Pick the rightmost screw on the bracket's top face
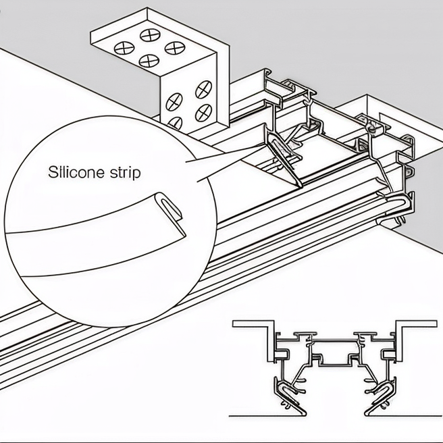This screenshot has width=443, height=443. pos(174,49)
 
